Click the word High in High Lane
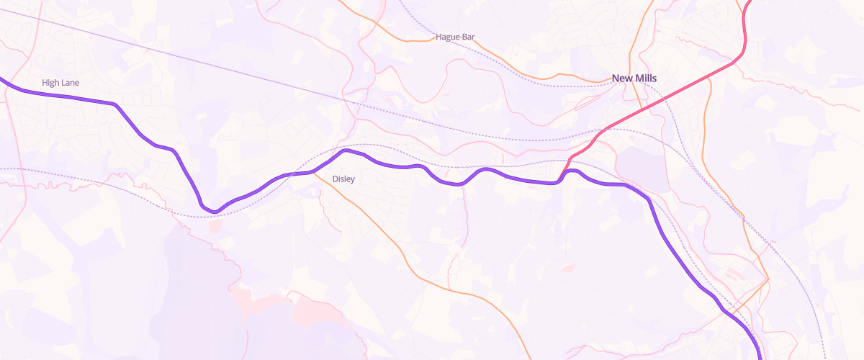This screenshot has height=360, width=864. point(51,83)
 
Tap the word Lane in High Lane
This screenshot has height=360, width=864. point(70,83)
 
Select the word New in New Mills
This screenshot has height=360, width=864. point(621,78)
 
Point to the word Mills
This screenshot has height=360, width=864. point(645,78)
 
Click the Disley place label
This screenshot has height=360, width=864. point(343,179)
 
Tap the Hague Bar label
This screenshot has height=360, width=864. point(456,37)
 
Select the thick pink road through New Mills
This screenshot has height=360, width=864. point(648,107)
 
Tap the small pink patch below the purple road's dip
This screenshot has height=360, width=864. point(215,226)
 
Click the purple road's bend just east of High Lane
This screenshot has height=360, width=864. point(115,105)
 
